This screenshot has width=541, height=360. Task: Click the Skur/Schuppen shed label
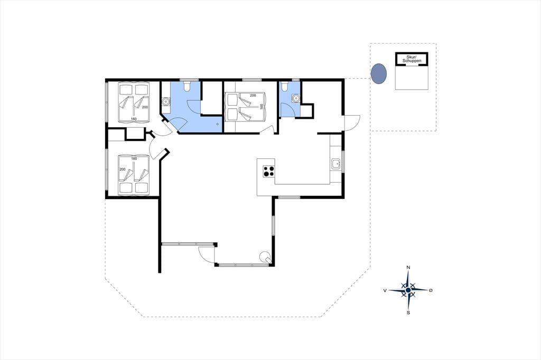pos(411,59)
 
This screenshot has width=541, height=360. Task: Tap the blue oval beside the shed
pos(378,73)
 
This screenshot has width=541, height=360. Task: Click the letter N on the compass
pos(408,267)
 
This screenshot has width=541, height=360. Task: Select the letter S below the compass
pos(408,313)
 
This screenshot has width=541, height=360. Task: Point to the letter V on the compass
pos(385,291)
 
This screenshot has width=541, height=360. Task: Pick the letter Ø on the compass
pos(431,291)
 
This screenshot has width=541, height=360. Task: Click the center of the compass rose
pos(408,290)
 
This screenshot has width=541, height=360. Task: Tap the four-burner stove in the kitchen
pos(269,172)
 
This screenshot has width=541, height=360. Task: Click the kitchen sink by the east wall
pos(336,164)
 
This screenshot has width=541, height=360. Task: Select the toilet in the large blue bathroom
pos(186,86)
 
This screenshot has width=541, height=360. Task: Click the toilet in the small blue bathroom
pos(284,86)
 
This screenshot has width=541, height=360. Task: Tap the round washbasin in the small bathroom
pos(296,99)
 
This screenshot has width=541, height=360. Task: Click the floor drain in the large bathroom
pos(218,124)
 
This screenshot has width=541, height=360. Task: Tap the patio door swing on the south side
pos(205,255)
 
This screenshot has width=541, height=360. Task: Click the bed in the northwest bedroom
pos(134,102)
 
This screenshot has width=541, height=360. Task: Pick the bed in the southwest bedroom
pos(134,175)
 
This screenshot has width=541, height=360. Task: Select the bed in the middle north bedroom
pos(245,107)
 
